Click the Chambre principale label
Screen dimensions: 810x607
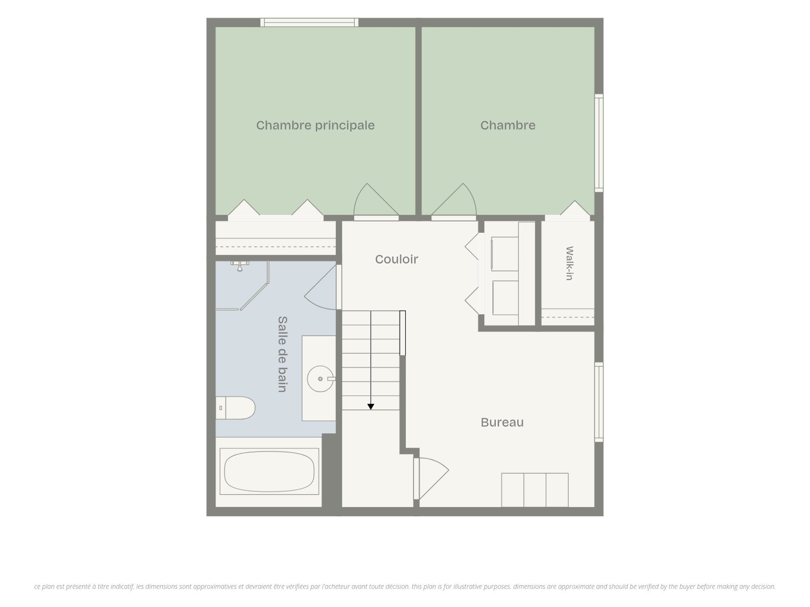[315, 126]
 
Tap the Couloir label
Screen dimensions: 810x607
[397, 259]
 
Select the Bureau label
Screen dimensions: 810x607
[502, 422]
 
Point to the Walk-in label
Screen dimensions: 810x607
[570, 263]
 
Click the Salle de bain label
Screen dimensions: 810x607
[282, 354]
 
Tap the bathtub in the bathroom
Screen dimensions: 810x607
[269, 471]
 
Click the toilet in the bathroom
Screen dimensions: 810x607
[235, 408]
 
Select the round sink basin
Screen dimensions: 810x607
[320, 379]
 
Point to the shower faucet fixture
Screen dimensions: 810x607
[240, 266]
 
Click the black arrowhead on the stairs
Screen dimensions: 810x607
[371, 407]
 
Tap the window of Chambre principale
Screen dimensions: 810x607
[309, 22]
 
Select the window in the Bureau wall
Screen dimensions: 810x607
[599, 402]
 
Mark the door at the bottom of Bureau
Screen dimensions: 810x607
[431, 479]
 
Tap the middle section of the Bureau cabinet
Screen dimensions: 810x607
[535, 490]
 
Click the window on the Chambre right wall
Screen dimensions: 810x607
[599, 143]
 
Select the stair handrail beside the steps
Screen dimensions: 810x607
[402, 333]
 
